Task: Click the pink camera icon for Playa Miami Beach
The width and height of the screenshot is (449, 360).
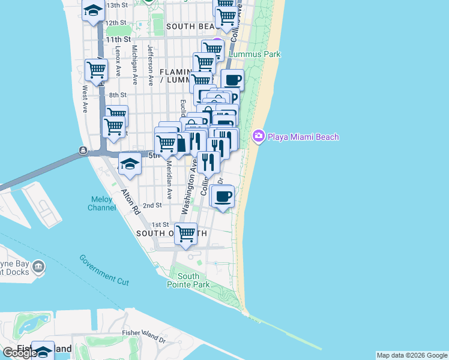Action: (x=259, y=136)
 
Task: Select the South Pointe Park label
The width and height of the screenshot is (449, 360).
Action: (x=188, y=280)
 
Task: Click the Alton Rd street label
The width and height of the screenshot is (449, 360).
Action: (x=130, y=203)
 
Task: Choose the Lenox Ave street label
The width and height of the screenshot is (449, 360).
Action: (x=118, y=59)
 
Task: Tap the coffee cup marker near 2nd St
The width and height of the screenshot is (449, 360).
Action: (x=223, y=196)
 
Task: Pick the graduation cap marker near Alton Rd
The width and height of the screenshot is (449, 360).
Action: (x=130, y=164)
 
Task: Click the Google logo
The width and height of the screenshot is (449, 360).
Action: (x=20, y=352)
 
